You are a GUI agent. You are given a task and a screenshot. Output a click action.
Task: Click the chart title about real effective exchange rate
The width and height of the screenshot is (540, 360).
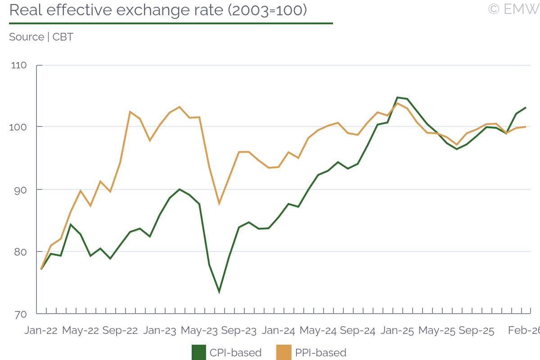[158, 10]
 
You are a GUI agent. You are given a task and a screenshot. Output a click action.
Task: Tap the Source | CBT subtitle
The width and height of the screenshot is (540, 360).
[41, 37]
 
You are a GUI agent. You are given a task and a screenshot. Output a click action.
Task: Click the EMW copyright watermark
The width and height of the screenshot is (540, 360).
[513, 9]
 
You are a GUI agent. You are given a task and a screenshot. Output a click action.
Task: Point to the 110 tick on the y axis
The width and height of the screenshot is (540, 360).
[19, 65]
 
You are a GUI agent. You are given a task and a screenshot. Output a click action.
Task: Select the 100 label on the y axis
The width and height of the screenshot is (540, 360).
[19, 127]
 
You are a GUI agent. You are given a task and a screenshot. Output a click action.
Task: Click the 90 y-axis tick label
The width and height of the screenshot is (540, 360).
[20, 189]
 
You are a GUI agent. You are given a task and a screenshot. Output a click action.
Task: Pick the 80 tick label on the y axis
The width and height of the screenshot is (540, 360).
[20, 252]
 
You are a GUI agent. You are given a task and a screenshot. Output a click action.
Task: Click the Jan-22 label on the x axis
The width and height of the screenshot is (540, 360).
[41, 331]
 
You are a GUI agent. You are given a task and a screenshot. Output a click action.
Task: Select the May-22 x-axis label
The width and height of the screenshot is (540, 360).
[81, 331]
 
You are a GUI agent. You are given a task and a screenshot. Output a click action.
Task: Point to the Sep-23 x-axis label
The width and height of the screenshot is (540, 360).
[239, 331]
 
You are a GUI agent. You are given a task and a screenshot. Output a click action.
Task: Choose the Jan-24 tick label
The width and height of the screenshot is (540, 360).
[279, 331]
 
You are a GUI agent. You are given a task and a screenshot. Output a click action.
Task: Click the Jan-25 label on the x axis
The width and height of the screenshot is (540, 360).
[397, 331]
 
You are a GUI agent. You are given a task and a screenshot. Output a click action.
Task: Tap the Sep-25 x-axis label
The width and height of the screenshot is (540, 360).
[477, 331]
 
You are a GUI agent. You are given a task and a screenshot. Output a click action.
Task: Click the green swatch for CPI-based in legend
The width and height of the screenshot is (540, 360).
[198, 352]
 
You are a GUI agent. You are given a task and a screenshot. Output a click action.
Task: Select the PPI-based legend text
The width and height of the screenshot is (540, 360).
[321, 352]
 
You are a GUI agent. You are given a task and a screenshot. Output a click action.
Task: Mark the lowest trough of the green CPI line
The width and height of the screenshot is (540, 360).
[219, 292]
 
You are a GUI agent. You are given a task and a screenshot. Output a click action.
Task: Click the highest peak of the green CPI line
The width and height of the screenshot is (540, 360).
[397, 97]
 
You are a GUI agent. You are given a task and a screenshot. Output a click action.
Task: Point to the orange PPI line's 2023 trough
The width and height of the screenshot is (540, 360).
[219, 204]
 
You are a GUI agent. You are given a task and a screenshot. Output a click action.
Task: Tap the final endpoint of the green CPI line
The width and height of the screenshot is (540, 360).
[526, 108]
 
